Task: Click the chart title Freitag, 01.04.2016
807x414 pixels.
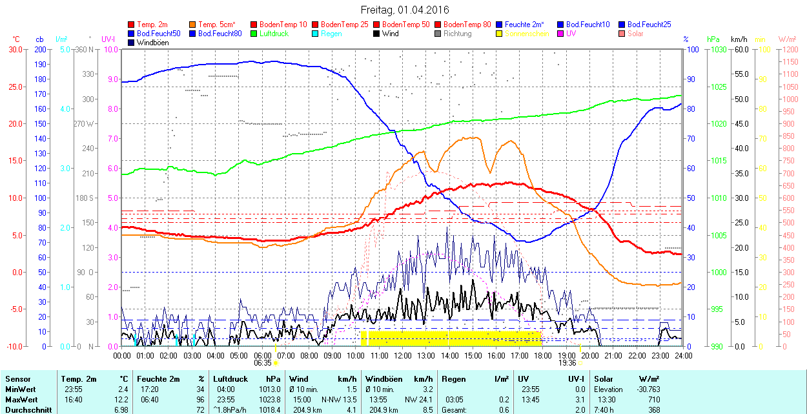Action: coord(404,10)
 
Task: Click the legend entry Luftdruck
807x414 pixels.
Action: coord(274,33)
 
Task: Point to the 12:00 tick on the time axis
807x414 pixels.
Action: coord(403,355)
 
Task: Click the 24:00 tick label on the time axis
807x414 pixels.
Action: coord(684,355)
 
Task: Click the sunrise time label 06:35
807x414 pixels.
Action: coord(262,362)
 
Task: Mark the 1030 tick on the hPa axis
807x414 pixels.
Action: coord(717,49)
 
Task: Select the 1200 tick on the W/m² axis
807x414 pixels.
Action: coord(788,49)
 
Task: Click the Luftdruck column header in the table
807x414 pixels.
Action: coord(230,378)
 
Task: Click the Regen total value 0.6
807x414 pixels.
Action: coord(504,409)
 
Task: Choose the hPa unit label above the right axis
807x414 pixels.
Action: coord(713,39)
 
